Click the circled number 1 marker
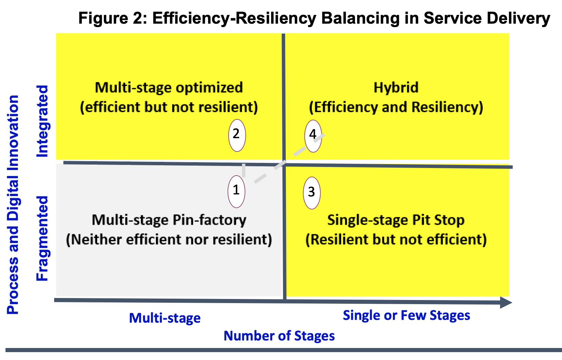click(x=236, y=192)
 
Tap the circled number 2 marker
click(x=237, y=135)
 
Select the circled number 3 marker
click(x=311, y=193)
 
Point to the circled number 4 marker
click(x=313, y=136)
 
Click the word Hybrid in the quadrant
click(x=396, y=88)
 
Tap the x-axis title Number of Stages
click(x=279, y=336)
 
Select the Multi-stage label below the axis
click(x=165, y=318)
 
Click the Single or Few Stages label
click(x=406, y=315)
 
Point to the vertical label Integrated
click(x=42, y=121)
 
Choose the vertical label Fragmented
click(x=42, y=238)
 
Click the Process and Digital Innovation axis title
click(x=13, y=205)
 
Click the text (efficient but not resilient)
click(x=169, y=107)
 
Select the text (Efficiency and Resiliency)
click(x=396, y=107)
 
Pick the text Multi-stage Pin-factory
click(x=169, y=220)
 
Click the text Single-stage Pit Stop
click(x=396, y=220)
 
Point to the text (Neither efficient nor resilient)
click(x=169, y=240)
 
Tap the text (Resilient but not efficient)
click(x=396, y=240)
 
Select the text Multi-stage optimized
click(x=169, y=88)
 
